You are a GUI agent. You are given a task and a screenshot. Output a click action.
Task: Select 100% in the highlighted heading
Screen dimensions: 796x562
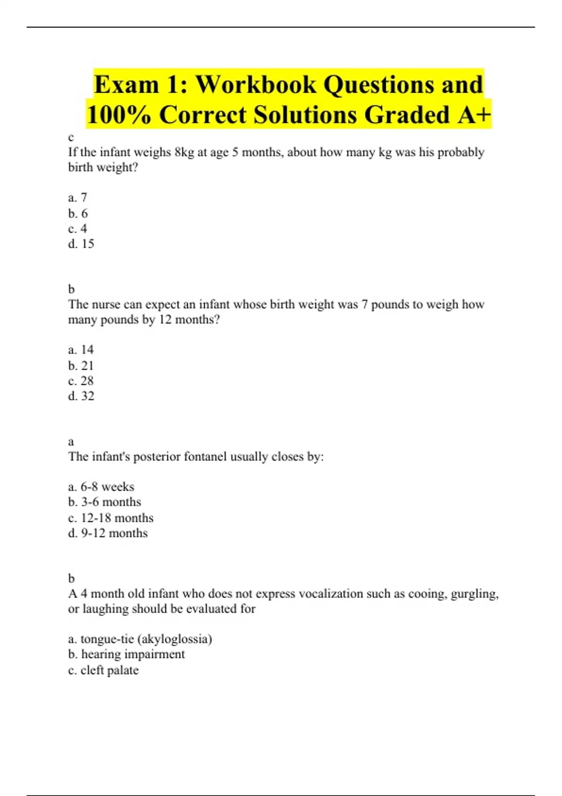click(119, 115)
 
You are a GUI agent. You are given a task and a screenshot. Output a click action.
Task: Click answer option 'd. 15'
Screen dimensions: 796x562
click(81, 244)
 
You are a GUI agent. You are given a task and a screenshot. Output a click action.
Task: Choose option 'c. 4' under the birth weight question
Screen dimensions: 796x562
click(78, 229)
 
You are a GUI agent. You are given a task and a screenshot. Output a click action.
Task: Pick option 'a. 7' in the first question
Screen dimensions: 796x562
click(78, 198)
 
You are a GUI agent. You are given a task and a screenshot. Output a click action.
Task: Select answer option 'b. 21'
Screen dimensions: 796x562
click(81, 366)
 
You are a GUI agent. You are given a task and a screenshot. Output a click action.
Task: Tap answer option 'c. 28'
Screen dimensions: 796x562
click(81, 381)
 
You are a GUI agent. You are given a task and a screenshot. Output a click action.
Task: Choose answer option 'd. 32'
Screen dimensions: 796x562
click(81, 396)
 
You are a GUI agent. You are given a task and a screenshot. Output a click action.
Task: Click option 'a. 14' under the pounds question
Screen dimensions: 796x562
click(81, 350)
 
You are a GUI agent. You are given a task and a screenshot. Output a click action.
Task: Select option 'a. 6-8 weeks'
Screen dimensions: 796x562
click(101, 487)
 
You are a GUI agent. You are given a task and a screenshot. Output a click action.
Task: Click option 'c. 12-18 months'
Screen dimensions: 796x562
click(111, 518)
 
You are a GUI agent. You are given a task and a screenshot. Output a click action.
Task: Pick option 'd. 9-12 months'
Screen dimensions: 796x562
click(108, 533)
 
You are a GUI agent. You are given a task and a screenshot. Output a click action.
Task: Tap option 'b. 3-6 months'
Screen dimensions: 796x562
click(104, 502)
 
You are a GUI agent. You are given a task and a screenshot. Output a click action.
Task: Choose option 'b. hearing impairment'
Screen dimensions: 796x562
click(126, 654)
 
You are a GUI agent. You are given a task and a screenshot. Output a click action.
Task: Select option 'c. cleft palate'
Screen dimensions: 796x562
click(104, 670)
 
